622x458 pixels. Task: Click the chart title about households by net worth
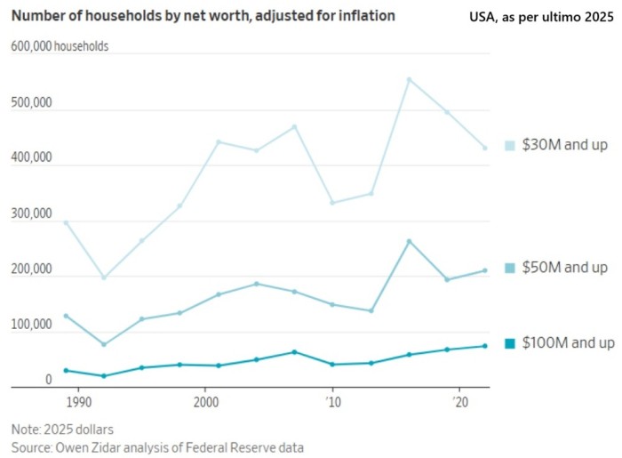[x=203, y=16]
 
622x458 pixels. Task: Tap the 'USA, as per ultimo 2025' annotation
[x=542, y=16]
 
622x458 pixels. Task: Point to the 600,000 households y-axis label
[x=60, y=46]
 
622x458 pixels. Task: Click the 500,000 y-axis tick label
[x=31, y=103]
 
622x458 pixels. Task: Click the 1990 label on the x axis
[x=78, y=402]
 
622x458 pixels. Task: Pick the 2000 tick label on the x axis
[x=205, y=402]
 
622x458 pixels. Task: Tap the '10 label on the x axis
[x=332, y=402]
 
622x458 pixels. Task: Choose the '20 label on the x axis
[x=459, y=402]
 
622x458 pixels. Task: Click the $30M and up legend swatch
[x=510, y=145]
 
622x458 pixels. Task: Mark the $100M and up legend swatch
[x=510, y=343]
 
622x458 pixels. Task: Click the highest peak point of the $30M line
[x=409, y=79]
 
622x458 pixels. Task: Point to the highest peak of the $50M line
[x=409, y=241]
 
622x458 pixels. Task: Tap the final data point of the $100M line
[x=484, y=346]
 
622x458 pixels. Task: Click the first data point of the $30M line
[x=66, y=222]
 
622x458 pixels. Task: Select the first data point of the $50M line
[x=66, y=316]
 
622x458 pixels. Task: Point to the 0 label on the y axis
[x=50, y=381]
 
